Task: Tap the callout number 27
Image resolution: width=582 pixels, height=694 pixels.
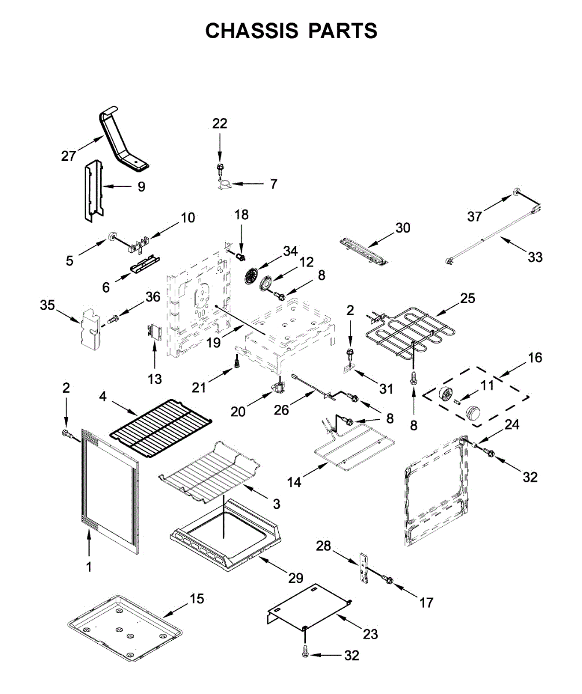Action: (x=69, y=155)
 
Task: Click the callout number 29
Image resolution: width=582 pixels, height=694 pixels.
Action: (x=296, y=578)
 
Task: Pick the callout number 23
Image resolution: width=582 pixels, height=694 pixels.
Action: (x=370, y=634)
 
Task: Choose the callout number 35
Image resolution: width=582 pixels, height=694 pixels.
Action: (x=47, y=305)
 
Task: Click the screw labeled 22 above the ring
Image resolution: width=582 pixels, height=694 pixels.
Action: (x=220, y=168)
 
